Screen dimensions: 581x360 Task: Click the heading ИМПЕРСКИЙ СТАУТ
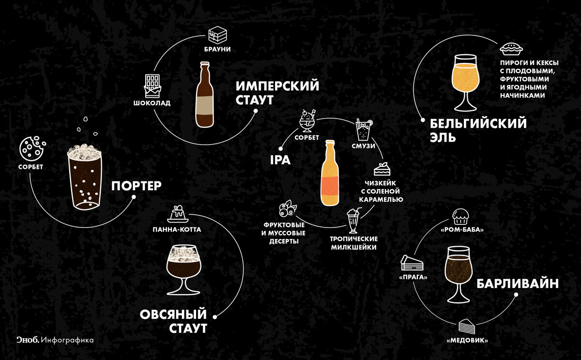tap(277, 93)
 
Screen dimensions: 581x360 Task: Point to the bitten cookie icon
tap(31, 148)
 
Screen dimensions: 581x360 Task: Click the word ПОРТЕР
tap(136, 186)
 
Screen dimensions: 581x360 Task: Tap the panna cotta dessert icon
tap(180, 213)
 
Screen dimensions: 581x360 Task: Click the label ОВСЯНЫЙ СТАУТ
tap(173, 321)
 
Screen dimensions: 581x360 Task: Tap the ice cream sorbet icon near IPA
tap(306, 121)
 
